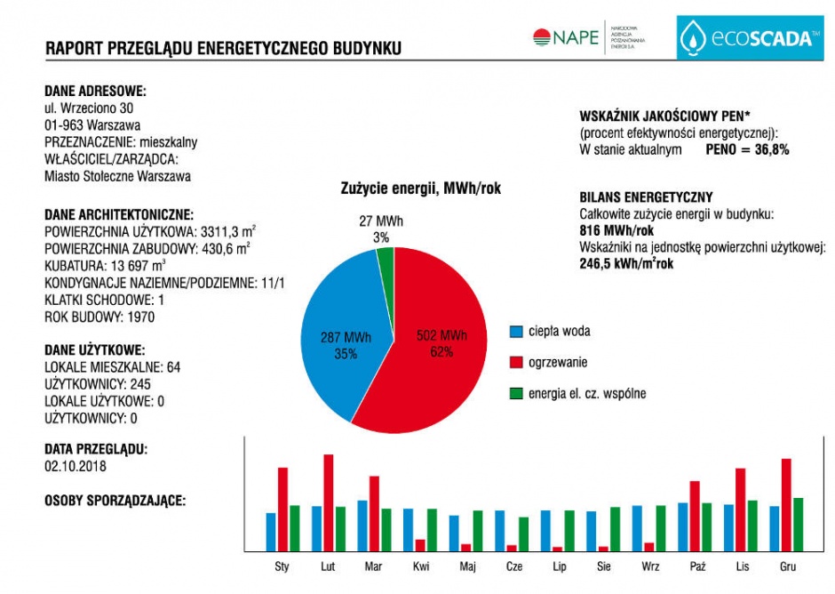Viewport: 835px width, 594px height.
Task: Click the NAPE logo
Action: [x=589, y=37]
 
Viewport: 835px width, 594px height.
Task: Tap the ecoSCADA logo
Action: [x=750, y=37]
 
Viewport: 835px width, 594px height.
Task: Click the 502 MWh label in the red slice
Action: [x=441, y=335]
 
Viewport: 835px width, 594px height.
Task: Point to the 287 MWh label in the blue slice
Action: [x=346, y=338]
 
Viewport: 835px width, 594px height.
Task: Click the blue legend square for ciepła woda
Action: [x=516, y=332]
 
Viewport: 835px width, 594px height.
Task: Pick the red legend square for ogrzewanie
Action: [x=516, y=363]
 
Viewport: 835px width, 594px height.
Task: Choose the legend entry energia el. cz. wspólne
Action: [x=577, y=394]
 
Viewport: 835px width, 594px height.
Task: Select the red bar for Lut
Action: [x=329, y=502]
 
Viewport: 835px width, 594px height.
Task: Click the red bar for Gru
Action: [x=786, y=505]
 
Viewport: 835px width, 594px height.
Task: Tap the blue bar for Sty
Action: [x=271, y=532]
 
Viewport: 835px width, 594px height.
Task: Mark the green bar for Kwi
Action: [x=432, y=530]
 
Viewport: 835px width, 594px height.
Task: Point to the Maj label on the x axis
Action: [x=467, y=566]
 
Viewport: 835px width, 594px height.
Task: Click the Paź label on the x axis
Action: [x=697, y=566]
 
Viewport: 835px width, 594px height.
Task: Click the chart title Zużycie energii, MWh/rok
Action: [x=421, y=189]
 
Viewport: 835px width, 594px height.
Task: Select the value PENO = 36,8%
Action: [x=747, y=149]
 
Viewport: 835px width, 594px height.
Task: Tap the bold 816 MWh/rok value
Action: [x=616, y=231]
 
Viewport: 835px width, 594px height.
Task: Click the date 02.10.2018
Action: [x=76, y=467]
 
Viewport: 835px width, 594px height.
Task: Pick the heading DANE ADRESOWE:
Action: [x=95, y=92]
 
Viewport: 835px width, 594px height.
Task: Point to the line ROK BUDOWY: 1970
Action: [x=99, y=317]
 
